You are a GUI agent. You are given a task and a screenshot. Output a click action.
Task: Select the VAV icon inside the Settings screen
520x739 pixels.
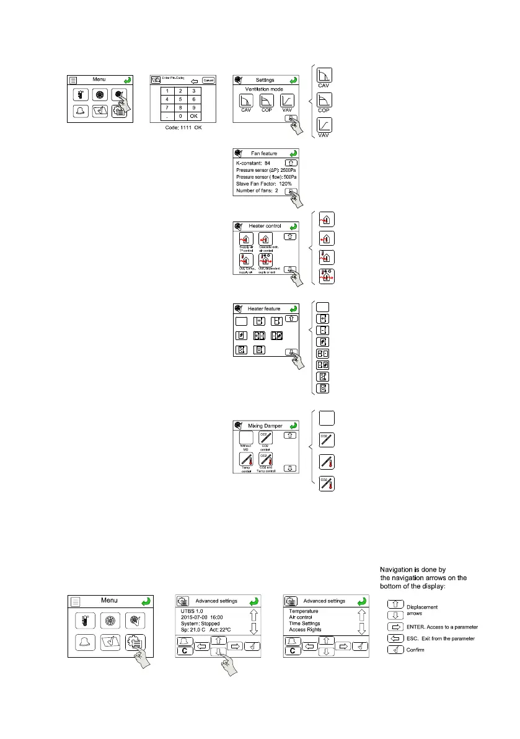[x=287, y=102]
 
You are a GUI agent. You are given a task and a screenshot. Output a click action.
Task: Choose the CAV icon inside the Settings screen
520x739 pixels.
[x=246, y=102]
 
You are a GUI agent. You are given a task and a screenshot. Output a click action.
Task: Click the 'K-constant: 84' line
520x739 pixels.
[x=255, y=162]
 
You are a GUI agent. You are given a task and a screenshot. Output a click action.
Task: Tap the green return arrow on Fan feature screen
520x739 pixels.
[x=293, y=153]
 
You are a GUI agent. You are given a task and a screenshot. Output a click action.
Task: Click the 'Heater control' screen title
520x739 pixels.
[x=265, y=226]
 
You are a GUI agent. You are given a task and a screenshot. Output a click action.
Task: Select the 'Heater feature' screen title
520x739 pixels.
[x=264, y=309]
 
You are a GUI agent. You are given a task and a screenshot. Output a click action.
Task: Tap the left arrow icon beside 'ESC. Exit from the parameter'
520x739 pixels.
[x=395, y=638]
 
